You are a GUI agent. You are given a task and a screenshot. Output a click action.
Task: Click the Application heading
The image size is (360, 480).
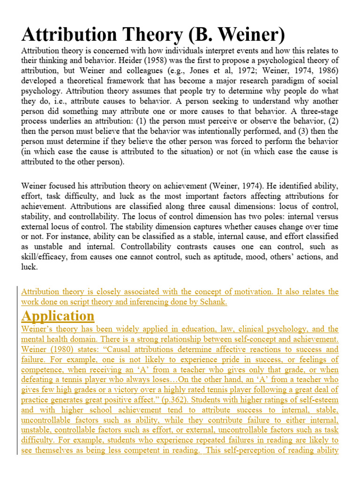tap(58, 316)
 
